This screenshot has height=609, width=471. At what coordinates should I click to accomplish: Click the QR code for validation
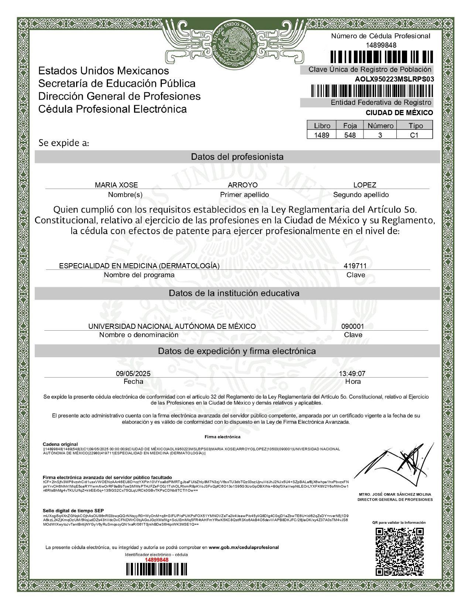[x=399, y=551]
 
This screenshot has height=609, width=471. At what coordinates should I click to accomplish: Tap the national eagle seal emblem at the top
[x=235, y=43]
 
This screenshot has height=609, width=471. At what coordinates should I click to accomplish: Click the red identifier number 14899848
[x=156, y=560]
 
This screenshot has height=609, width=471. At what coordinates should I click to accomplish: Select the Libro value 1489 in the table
[x=321, y=135]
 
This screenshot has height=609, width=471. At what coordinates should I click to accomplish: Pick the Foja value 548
[x=350, y=135]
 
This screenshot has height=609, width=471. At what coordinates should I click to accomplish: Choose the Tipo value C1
[x=414, y=135]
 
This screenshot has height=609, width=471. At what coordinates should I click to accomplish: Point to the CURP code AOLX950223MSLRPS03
[x=394, y=79]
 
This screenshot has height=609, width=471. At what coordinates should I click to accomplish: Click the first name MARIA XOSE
[x=116, y=185]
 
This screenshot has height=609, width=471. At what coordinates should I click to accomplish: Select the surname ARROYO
[x=243, y=185]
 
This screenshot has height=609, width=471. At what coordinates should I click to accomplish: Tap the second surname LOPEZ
[x=365, y=185]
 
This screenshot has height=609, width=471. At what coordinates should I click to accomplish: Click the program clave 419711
[x=355, y=266]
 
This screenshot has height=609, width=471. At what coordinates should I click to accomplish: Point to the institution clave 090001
[x=352, y=326]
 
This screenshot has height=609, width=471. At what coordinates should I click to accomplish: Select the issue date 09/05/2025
[x=133, y=374]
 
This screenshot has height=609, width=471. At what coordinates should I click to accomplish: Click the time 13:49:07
[x=352, y=374]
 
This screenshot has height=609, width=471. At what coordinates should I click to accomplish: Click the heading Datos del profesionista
[x=237, y=157]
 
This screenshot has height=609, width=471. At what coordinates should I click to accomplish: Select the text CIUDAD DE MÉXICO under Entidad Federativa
[x=399, y=113]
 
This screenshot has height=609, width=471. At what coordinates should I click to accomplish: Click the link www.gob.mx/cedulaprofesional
[x=243, y=547]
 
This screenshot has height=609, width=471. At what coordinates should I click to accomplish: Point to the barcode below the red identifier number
[x=156, y=569]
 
